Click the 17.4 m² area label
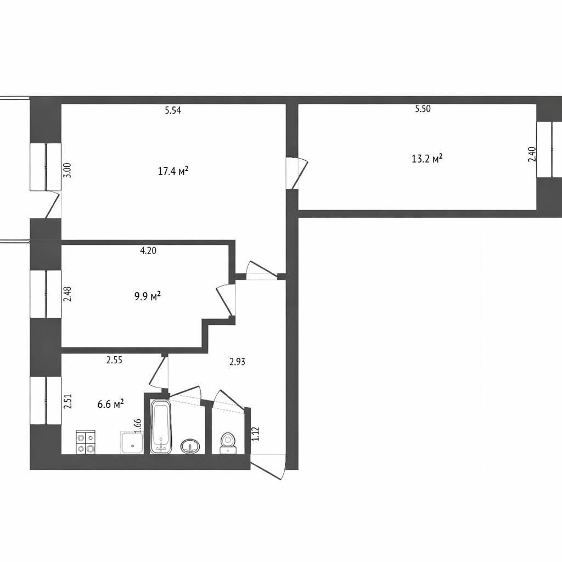[173, 171]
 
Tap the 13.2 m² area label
[427, 159]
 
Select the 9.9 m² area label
[147, 296]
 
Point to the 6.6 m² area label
[110, 404]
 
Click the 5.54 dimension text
[173, 110]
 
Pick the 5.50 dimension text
[423, 109]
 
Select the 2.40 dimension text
[532, 154]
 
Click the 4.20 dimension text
[148, 250]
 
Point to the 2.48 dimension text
[68, 294]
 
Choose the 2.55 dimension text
[114, 360]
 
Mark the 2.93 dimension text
[237, 361]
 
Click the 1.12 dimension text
[255, 434]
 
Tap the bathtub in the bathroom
[161, 426]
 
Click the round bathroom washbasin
[190, 446]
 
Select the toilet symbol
[228, 443]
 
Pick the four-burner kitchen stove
[86, 442]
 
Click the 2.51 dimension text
[68, 401]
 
